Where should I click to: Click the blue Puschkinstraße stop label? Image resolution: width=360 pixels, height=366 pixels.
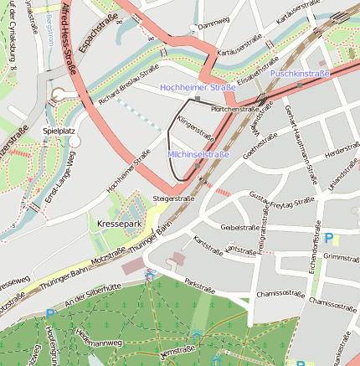click(300, 75)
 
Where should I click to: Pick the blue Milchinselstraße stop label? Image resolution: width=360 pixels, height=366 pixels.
click(198, 155)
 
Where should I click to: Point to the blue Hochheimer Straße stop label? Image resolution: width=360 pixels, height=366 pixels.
click(197, 87)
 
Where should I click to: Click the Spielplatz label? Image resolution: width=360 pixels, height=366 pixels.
click(59, 131)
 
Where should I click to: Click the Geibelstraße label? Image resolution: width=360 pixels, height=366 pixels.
click(239, 227)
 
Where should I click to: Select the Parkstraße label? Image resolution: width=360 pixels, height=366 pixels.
click(200, 285)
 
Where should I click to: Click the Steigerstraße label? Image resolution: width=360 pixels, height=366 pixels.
click(173, 198)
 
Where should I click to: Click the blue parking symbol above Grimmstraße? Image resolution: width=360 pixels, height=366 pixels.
click(328, 238)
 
